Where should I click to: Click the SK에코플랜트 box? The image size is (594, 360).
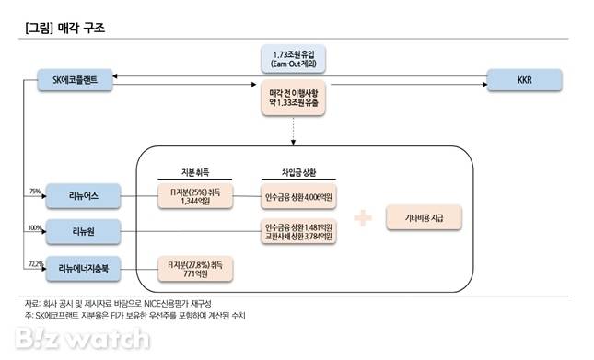[76, 80]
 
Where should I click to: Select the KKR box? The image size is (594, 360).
[523, 80]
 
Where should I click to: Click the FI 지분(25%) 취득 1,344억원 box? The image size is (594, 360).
[196, 196]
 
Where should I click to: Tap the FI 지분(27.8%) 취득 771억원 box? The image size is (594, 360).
[196, 268]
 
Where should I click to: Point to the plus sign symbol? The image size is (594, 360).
[364, 218]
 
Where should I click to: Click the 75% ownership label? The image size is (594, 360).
[36, 191]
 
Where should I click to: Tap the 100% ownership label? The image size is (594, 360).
[36, 225]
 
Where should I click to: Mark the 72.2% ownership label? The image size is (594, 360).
[36, 263]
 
